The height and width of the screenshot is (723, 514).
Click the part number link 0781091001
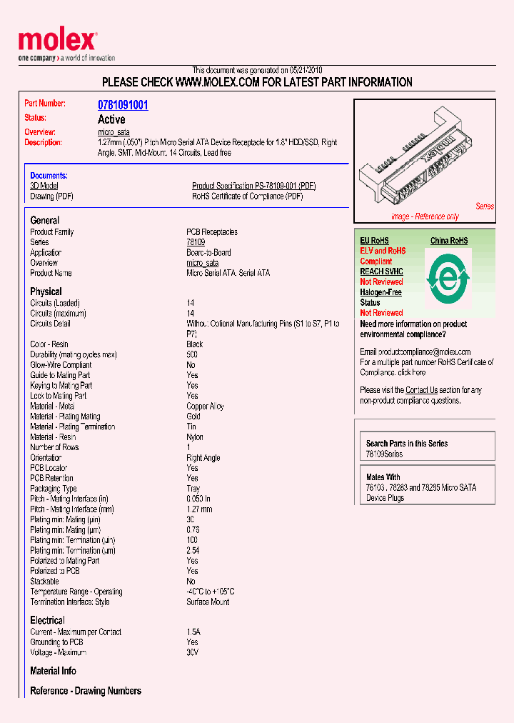click(123, 105)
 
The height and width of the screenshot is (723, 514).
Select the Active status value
click(111, 119)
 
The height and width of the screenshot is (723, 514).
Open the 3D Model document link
click(44, 186)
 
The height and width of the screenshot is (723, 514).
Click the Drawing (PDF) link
click(51, 196)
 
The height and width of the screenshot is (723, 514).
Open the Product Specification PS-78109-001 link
click(253, 186)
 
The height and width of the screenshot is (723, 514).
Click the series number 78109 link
click(196, 242)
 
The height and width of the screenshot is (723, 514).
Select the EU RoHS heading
click(375, 241)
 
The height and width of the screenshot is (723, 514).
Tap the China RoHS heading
click(449, 241)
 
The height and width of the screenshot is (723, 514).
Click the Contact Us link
click(421, 390)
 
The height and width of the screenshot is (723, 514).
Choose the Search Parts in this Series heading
click(407, 444)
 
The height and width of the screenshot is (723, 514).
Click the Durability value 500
click(192, 355)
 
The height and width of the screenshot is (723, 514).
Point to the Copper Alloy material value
click(205, 407)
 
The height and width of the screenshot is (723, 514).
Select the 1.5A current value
click(193, 632)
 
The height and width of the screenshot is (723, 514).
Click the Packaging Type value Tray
click(193, 489)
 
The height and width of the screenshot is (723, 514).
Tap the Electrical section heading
click(47, 620)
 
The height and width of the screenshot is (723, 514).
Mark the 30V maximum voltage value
click(192, 652)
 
